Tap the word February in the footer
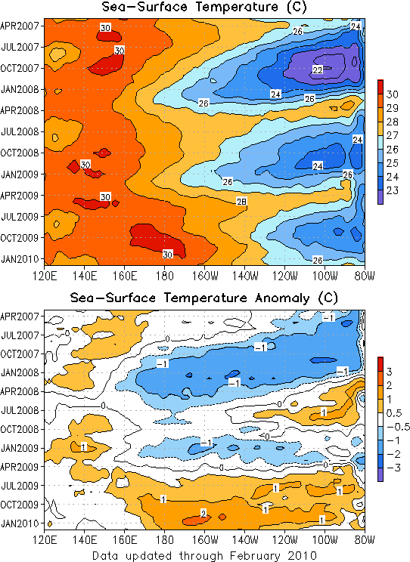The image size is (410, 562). tap(254, 556)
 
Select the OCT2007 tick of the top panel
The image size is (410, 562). tap(19, 68)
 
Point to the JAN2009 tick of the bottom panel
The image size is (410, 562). tap(19, 448)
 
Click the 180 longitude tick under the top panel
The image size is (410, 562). tap(164, 276)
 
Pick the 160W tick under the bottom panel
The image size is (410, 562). tap(205, 540)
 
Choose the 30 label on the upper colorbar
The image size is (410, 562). tap(393, 94)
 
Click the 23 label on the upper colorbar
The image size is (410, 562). tap(393, 190)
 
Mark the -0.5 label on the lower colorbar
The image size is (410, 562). tap(398, 427)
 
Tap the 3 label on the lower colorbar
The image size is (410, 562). tap(389, 372)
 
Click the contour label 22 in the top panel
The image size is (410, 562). tap(318, 70)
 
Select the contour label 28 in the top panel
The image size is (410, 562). tap(241, 202)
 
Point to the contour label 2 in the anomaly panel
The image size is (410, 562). tap(203, 514)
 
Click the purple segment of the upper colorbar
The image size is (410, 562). tap(380, 197)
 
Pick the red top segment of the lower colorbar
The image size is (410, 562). tap(380, 364)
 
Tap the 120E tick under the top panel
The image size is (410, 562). tap(45, 276)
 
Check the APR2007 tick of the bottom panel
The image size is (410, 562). tap(19, 317)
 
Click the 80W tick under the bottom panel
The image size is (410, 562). tap(365, 540)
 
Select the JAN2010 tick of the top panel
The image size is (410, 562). tap(19, 259)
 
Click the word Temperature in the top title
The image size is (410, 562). tap(237, 7)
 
